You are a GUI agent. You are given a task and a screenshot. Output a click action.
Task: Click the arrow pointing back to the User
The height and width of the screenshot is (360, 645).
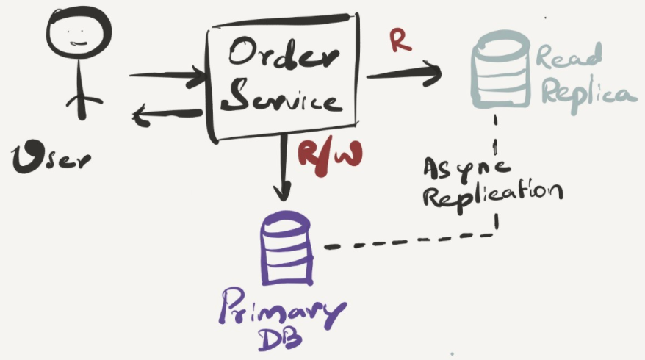pos(166,114)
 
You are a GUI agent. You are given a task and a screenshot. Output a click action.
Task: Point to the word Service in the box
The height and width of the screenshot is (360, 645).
pos(281,98)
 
